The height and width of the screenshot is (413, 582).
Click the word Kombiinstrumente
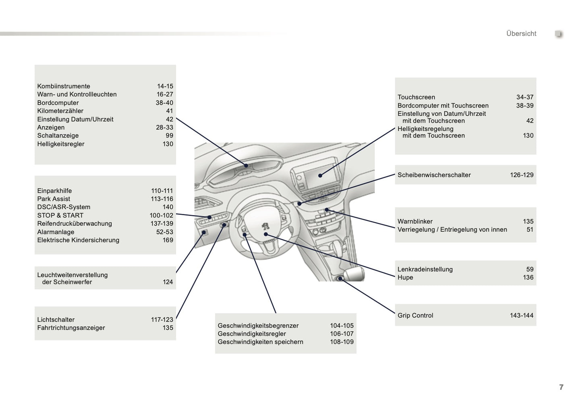pyautogui.click(x=64, y=86)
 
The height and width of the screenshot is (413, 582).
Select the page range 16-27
pyautogui.click(x=165, y=94)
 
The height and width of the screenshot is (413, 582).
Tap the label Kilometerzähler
pyautogui.click(x=60, y=111)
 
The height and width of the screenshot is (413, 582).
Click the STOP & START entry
pyautogui.click(x=60, y=216)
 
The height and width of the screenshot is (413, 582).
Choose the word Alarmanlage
pyautogui.click(x=56, y=232)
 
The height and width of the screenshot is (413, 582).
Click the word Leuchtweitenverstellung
pyautogui.click(x=72, y=275)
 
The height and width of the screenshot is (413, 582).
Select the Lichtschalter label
pyautogui.click(x=56, y=320)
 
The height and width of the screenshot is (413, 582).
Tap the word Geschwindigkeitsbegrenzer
pyautogui.click(x=258, y=326)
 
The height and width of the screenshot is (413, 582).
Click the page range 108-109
pyautogui.click(x=342, y=342)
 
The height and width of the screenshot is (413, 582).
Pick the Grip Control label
pyautogui.click(x=415, y=315)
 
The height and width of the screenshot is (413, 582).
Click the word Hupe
pyautogui.click(x=405, y=278)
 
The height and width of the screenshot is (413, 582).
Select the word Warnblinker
pyautogui.click(x=415, y=222)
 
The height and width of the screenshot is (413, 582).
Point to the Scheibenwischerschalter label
pyautogui.click(x=434, y=175)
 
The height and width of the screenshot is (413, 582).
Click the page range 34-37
pyautogui.click(x=525, y=97)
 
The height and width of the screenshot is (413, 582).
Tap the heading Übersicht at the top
pyautogui.click(x=521, y=34)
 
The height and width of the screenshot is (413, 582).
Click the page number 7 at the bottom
pyautogui.click(x=561, y=387)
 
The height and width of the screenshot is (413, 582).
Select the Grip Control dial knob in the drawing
pyautogui.click(x=341, y=278)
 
